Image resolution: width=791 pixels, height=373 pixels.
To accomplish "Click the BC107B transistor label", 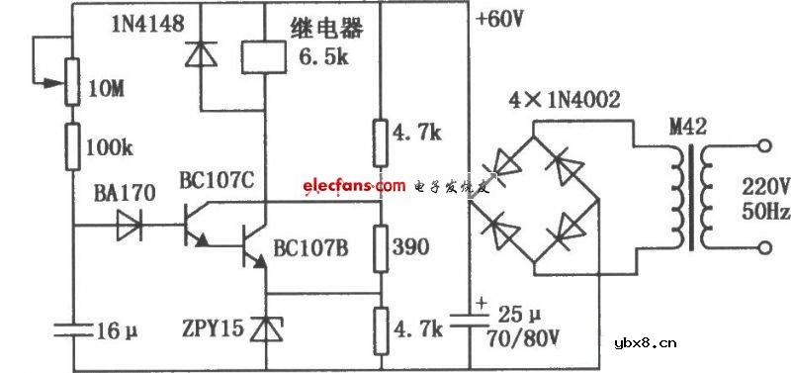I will point(310,248).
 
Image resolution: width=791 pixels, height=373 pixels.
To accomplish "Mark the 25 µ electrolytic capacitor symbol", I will point(466,322).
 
